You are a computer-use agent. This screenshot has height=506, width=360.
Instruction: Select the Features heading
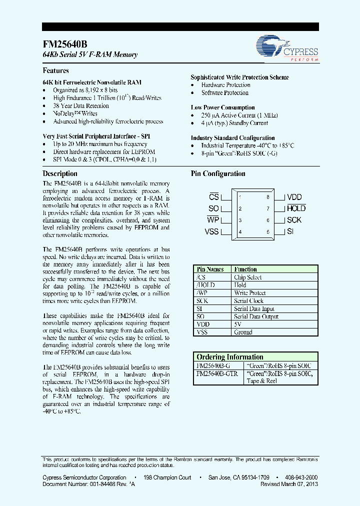click(55, 71)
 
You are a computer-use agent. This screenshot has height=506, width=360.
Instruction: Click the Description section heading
click(60, 173)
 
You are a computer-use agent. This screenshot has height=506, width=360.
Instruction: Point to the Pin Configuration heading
click(218, 174)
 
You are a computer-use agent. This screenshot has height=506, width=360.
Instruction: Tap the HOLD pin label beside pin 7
click(295, 208)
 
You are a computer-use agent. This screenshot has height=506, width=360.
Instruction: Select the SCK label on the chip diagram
click(294, 220)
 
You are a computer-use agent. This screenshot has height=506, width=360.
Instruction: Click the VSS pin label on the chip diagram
click(211, 231)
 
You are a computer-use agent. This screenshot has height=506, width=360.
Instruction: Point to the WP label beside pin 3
click(213, 220)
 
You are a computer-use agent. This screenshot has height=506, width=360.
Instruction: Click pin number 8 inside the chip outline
click(268, 197)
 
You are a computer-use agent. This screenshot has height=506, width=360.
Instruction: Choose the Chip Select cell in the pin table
click(248, 277)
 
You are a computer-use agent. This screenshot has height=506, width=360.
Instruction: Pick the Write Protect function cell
click(249, 293)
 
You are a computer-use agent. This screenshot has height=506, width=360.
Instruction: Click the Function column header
click(245, 269)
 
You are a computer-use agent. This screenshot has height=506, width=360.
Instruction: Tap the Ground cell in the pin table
click(243, 332)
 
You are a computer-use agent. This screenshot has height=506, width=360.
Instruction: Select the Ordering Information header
click(230, 357)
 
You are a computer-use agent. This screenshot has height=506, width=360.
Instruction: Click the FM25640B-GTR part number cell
click(217, 373)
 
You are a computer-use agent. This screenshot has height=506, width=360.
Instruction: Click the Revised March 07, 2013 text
click(289, 484)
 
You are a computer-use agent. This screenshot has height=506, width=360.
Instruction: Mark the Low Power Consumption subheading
click(222, 107)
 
